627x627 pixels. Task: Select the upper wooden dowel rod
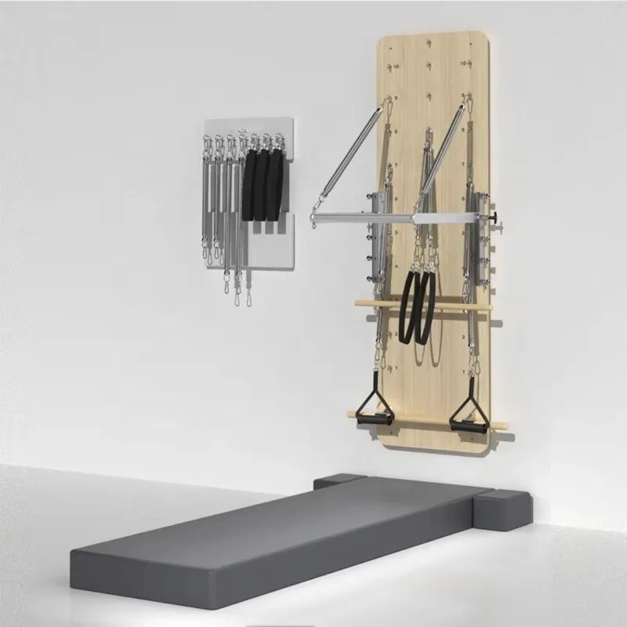coord(423,304)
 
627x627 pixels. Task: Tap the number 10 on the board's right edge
coord(464,63)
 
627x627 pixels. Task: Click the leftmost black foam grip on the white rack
coord(249,187)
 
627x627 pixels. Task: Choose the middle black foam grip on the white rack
coord(263,186)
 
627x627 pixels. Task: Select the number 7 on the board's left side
coord(397,165)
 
